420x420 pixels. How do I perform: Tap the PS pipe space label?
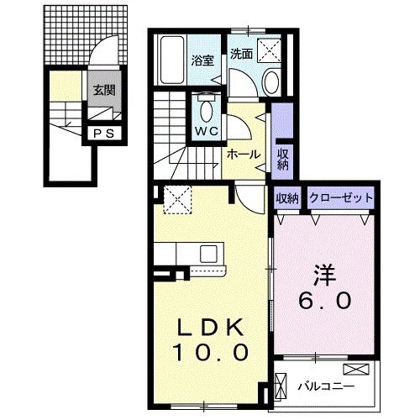point(102,132)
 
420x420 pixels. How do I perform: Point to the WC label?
point(207,131)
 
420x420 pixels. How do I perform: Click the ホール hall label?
point(243,155)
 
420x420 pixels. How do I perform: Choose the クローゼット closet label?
point(340,198)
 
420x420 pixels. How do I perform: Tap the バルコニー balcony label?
point(326,386)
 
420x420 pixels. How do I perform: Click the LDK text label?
point(210,326)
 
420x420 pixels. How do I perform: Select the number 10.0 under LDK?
point(210,353)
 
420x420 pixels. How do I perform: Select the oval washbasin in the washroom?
point(274,82)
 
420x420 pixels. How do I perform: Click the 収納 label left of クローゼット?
point(286,198)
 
